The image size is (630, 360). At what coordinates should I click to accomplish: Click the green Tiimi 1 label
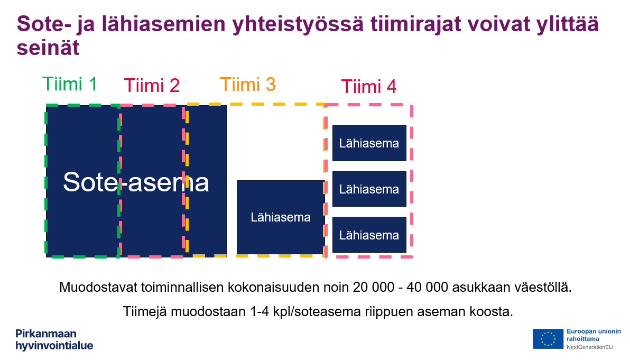pyautogui.click(x=70, y=84)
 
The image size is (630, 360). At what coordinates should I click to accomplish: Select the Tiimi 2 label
pyautogui.click(x=152, y=86)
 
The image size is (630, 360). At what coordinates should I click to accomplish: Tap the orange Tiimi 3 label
pyautogui.click(x=248, y=85)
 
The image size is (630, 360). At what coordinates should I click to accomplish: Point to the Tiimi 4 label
pyautogui.click(x=369, y=86)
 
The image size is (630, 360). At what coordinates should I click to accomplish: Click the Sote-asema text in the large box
pyautogui.click(x=136, y=182)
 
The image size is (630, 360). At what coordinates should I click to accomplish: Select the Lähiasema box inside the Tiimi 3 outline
pyautogui.click(x=281, y=217)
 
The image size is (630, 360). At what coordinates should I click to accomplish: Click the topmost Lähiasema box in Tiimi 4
pyautogui.click(x=369, y=143)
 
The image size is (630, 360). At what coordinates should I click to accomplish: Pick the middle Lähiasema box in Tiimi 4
pyautogui.click(x=369, y=189)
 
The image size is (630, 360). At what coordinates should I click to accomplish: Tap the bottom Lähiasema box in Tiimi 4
pyautogui.click(x=369, y=235)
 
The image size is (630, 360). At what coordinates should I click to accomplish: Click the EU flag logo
pyautogui.click(x=548, y=339)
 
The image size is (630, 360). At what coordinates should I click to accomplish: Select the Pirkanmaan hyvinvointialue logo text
pyautogui.click(x=54, y=339)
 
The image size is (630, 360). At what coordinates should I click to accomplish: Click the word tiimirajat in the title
pyautogui.click(x=416, y=24)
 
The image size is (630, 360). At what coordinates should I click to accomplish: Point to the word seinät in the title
pyautogui.click(x=48, y=48)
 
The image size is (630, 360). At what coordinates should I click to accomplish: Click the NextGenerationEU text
pyautogui.click(x=590, y=347)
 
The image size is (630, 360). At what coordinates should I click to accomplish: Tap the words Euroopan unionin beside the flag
pyautogui.click(x=594, y=331)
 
